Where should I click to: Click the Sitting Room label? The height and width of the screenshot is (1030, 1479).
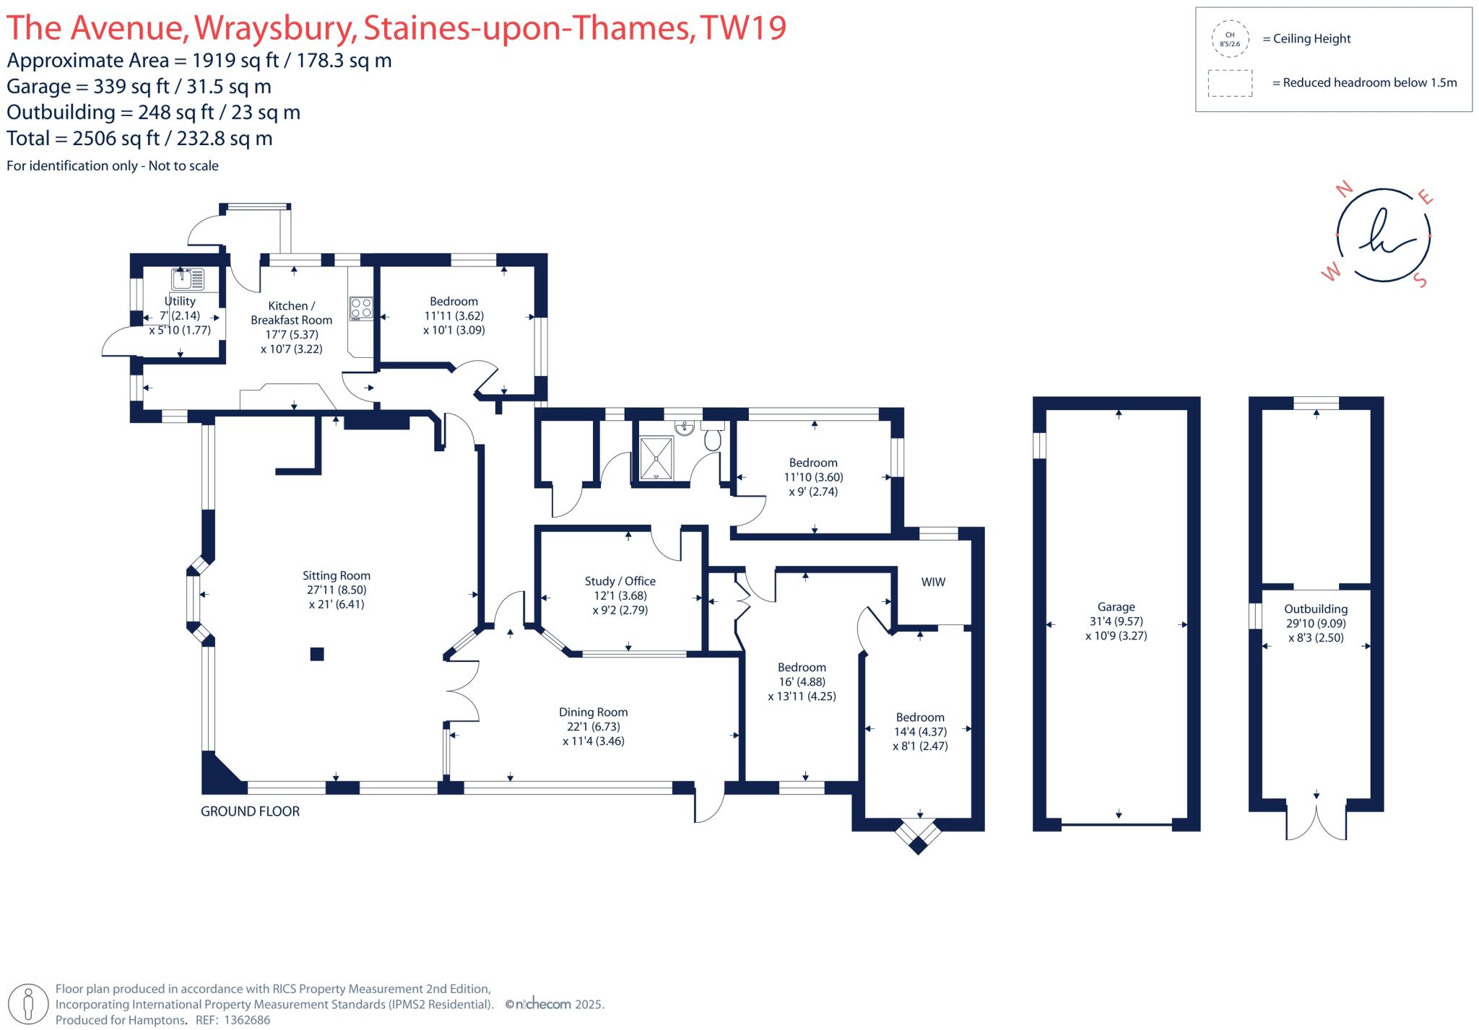point(336,575)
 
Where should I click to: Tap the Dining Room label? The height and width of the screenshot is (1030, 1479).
point(593,712)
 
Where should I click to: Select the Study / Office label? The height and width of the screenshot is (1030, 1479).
point(620,581)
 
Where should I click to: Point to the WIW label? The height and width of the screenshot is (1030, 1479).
point(933,582)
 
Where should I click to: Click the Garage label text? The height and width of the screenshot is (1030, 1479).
point(1116,607)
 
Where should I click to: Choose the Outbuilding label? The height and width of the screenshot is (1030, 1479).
point(1315,608)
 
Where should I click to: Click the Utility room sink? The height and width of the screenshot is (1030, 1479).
point(188,279)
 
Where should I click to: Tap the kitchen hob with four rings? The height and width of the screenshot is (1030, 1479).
point(361,308)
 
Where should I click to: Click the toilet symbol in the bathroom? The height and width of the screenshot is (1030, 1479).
point(712,437)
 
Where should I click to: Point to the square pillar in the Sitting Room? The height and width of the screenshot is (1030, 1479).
point(317,654)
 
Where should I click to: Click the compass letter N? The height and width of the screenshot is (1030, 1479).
point(1344,190)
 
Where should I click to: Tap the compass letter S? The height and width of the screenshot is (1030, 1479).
point(1421,280)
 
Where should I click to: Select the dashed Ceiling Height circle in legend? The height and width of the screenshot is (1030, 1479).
point(1230,39)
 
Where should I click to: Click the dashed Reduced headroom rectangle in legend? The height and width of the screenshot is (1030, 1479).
point(1230,83)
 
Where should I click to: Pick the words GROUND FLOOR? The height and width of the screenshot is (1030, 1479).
point(250,811)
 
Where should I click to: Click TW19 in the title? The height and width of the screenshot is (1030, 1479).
point(743,27)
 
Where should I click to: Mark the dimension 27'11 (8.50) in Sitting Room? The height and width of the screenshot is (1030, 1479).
point(337,590)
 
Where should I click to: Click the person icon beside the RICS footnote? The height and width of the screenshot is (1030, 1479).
point(29,1003)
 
